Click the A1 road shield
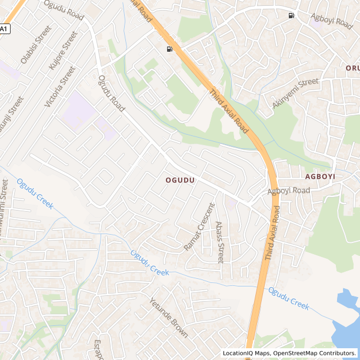(x=5, y=28)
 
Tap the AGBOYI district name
(x=320, y=176)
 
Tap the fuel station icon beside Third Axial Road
(x=169, y=49)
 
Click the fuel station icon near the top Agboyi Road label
(x=291, y=15)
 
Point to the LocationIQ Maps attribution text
(x=245, y=353)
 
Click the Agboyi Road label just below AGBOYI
(x=288, y=191)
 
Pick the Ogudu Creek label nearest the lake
(x=289, y=298)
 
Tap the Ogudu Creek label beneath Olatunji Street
(x=35, y=194)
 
